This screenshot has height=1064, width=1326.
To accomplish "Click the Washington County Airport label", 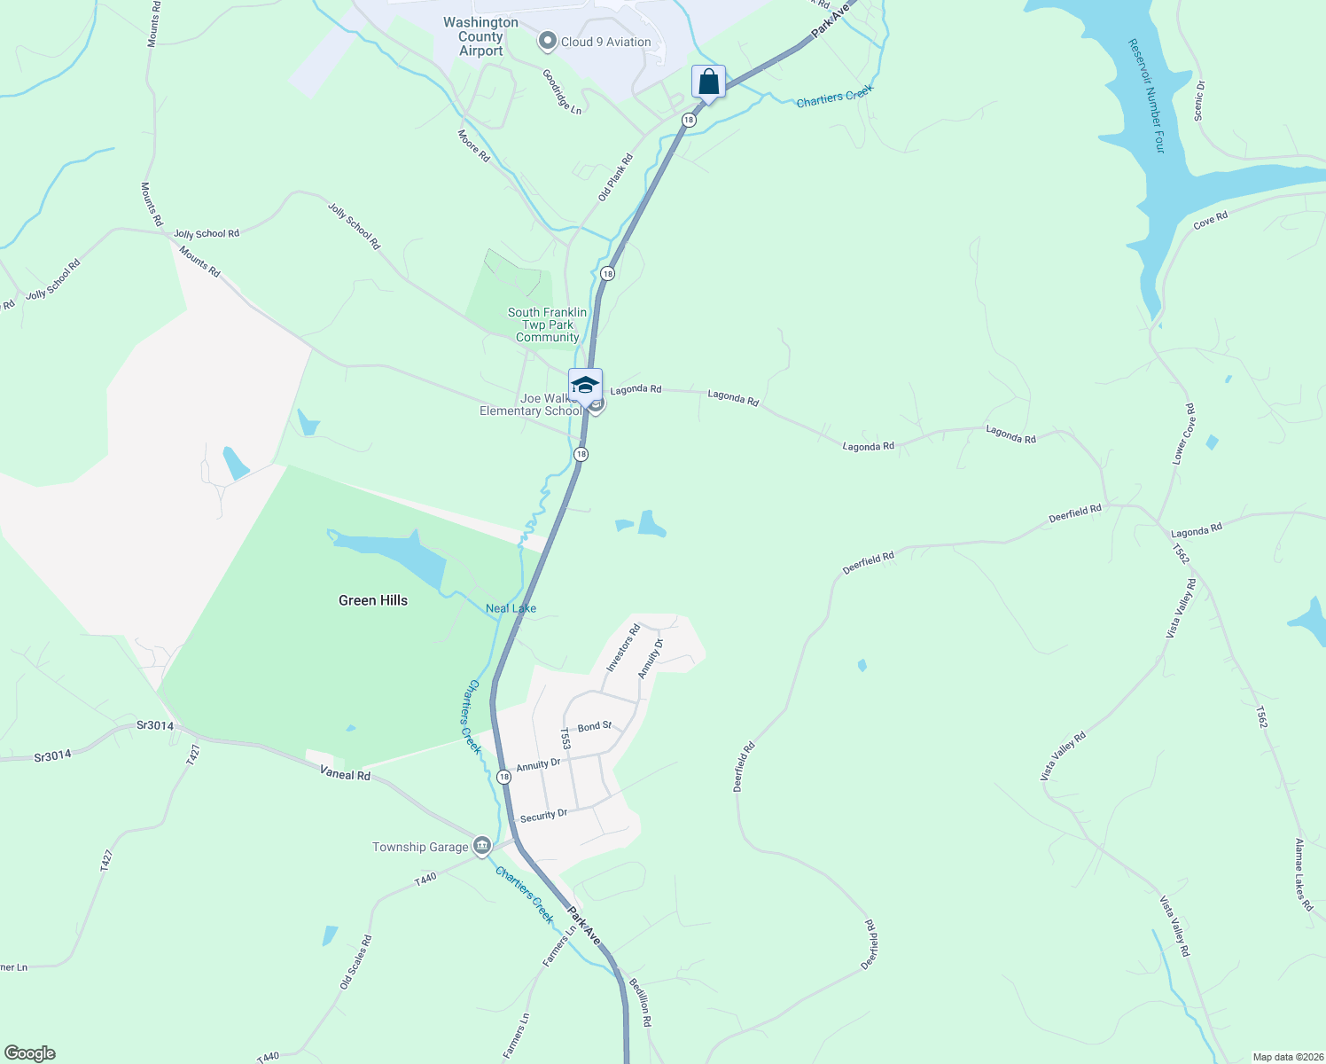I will pos(480,36).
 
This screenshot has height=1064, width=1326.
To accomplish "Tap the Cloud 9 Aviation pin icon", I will pos(548,41).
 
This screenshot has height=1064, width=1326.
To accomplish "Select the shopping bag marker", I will pos(708,82).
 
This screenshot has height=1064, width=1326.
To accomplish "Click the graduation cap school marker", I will pos(585,386).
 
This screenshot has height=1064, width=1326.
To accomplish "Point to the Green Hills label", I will pos(373,600).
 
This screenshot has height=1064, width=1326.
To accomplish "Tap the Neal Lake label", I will pos(511,608).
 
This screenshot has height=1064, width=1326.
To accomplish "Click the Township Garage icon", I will pos(482,846).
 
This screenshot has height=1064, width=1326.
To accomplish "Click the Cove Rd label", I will pos(1210,220).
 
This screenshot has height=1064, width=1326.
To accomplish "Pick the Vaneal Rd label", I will pos(345,774).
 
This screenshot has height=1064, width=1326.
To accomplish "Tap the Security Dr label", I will pos(543,816).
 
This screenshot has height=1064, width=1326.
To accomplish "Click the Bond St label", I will pos(594,726).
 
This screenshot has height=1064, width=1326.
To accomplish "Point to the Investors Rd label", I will pos(622,648).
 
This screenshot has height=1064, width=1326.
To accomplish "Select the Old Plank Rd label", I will pos(615,177).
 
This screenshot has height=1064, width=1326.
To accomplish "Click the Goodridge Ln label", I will pos(562,91).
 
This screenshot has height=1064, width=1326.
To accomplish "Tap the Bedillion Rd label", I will pos(640,1001).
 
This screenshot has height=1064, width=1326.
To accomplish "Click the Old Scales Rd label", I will pos(355,962).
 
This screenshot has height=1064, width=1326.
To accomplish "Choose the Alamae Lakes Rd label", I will pos(1303,874).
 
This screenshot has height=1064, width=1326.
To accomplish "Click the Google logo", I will pos(30,1052).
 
